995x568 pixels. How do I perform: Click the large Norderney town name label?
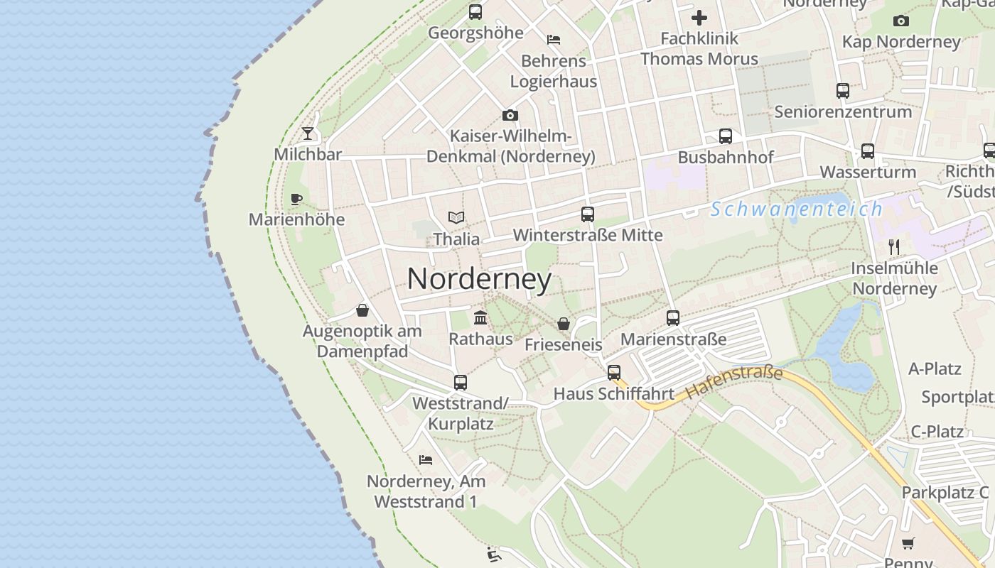click(x=479, y=279)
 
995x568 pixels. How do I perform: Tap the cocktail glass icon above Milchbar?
click(x=308, y=133)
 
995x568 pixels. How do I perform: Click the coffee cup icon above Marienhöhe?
click(x=296, y=199)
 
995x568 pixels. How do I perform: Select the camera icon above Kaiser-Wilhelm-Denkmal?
click(x=510, y=115)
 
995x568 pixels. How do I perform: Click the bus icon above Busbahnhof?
click(x=725, y=136)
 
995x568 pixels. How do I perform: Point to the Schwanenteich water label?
click(x=796, y=209)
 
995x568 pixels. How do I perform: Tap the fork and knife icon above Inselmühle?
click(x=894, y=247)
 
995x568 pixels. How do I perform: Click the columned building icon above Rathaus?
click(x=480, y=317)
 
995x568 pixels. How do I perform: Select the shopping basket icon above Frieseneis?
click(x=564, y=324)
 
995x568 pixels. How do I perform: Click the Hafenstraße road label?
click(x=735, y=383)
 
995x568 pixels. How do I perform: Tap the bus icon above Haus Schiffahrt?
click(x=614, y=373)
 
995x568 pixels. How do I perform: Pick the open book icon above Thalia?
click(x=456, y=217)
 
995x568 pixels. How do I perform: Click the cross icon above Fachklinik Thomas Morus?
click(x=699, y=18)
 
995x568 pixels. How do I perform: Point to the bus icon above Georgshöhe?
click(x=475, y=12)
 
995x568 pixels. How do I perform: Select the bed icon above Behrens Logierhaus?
click(x=554, y=40)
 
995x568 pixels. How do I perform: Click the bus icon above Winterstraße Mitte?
click(x=587, y=214)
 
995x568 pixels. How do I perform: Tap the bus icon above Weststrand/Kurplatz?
click(x=461, y=383)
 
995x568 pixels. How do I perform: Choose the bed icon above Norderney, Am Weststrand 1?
click(x=426, y=460)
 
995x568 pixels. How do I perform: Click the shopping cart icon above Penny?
click(x=908, y=544)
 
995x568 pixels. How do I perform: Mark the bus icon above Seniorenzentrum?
click(x=843, y=91)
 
